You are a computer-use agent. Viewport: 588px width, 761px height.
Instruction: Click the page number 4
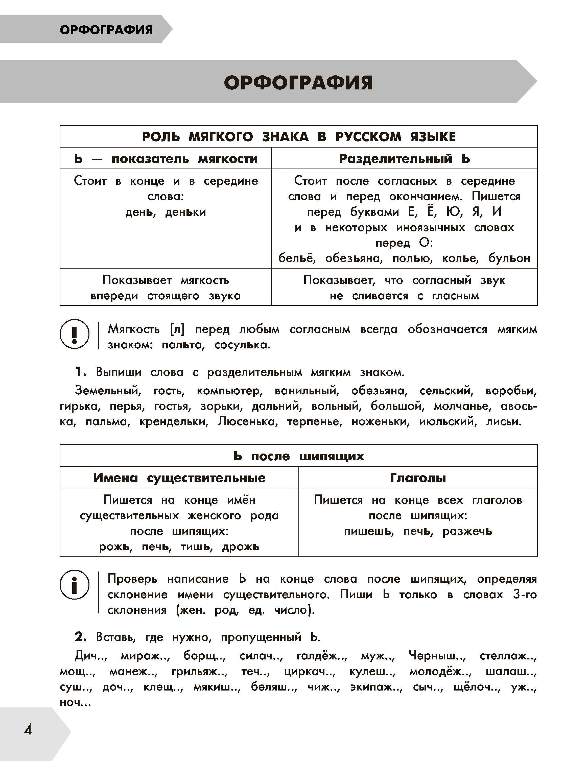click(28, 729)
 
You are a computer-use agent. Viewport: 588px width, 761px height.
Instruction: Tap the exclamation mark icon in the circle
click(74, 334)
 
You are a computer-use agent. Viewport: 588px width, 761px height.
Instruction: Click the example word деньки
click(185, 212)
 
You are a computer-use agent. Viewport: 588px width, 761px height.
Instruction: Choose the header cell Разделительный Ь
click(404, 159)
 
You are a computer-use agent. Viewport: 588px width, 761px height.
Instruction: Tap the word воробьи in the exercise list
click(511, 391)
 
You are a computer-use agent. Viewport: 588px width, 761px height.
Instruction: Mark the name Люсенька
click(247, 422)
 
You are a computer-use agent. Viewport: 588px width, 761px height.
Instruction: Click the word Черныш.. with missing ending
click(437, 656)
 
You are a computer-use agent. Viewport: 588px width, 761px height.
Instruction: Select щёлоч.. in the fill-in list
click(477, 687)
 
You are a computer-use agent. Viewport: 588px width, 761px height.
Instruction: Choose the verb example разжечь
click(467, 531)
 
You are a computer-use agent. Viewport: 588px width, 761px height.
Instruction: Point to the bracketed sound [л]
click(177, 329)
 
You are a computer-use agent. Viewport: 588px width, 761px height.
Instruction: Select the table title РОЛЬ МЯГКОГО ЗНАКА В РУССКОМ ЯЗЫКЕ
click(299, 137)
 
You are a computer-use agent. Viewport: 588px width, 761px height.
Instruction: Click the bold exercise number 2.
click(81, 637)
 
